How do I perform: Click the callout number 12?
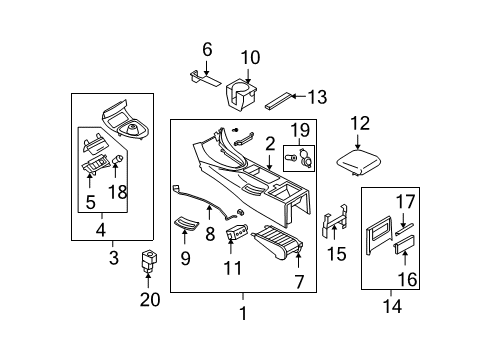pos(360,123)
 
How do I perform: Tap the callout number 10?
pos(250,57)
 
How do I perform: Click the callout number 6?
pos(207,48)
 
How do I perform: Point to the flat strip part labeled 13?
pos(280,100)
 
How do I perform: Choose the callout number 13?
pos(317,97)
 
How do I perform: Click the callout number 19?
pos(300,130)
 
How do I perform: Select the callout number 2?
pos(270,144)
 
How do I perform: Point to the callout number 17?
pos(405,202)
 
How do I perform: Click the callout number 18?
pos(118,192)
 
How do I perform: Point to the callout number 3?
pos(112,259)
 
